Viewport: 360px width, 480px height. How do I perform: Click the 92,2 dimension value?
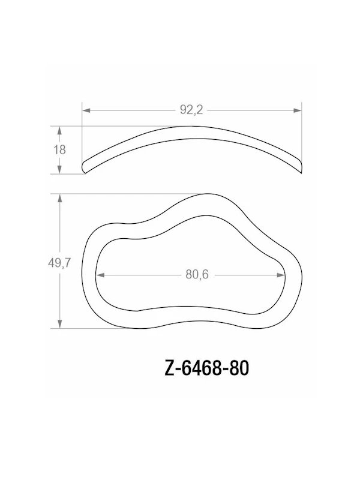[x=191, y=110]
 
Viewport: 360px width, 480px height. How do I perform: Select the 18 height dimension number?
[x=59, y=150]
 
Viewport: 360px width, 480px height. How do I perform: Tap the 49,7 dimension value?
[x=59, y=262]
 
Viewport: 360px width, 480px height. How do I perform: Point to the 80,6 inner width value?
[x=191, y=275]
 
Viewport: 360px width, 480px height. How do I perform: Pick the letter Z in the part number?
[x=168, y=368]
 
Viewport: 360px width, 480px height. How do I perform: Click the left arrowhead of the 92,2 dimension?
[x=86, y=110]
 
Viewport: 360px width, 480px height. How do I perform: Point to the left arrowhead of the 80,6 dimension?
[x=100, y=275]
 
